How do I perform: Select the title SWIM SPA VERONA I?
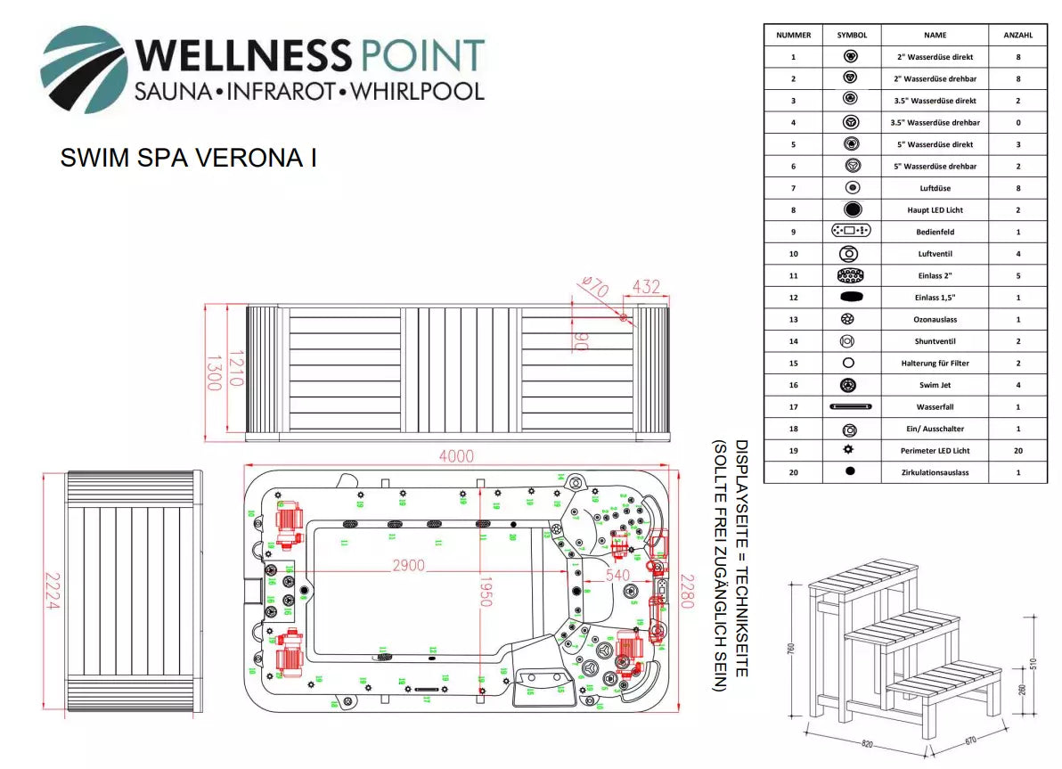click(188, 158)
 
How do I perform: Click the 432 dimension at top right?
click(646, 287)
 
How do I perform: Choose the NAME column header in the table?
click(935, 35)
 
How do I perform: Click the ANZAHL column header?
click(1017, 35)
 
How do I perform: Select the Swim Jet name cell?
click(935, 385)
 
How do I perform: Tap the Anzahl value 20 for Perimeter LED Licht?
click(1017, 451)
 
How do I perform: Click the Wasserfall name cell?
click(935, 407)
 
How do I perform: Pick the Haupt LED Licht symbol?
click(851, 209)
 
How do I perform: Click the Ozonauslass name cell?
click(935, 319)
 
